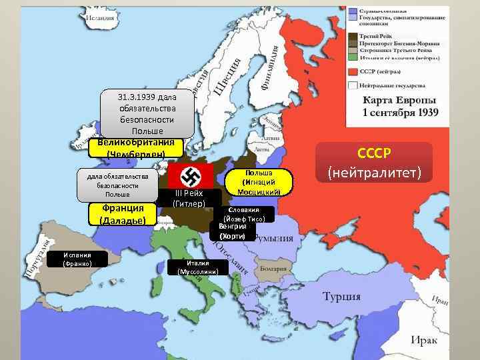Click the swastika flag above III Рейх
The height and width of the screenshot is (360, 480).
pyautogui.click(x=190, y=177)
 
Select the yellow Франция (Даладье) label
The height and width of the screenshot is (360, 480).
pyautogui.click(x=123, y=214)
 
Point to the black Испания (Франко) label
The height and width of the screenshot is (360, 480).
pyautogui.click(x=77, y=259)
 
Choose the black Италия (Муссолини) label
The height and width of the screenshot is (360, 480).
pyautogui.click(x=198, y=267)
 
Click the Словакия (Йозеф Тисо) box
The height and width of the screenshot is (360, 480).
pyautogui.click(x=243, y=214)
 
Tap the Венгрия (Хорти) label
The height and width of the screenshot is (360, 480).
pyautogui.click(x=232, y=231)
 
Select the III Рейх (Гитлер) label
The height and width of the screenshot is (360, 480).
pyautogui.click(x=189, y=198)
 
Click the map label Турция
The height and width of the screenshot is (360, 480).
pyautogui.click(x=341, y=296)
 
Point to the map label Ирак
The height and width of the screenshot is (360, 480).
pyautogui.click(x=424, y=341)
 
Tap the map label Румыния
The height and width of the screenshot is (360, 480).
pyautogui.click(x=275, y=239)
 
